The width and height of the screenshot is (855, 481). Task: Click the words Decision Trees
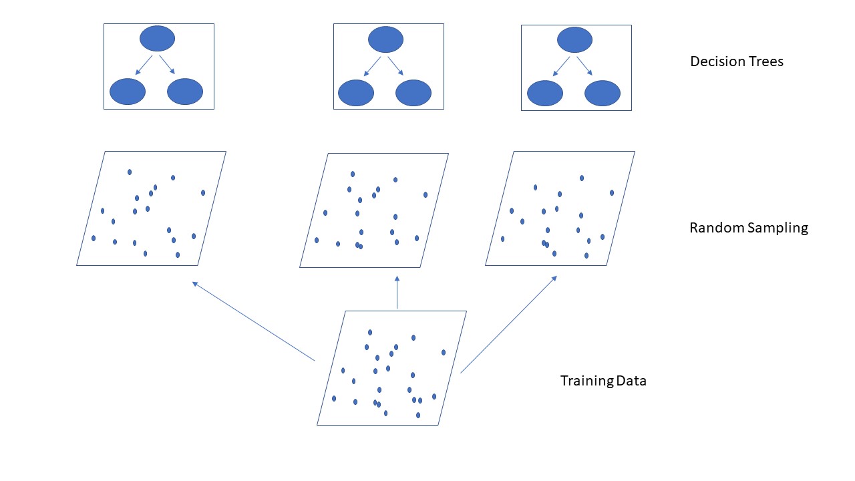[x=737, y=61]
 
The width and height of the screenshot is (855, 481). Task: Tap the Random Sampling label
[x=748, y=228]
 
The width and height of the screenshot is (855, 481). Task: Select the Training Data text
[x=603, y=381]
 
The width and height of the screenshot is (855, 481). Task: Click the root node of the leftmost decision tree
[x=157, y=38]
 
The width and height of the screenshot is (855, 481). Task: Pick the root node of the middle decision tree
[x=385, y=39]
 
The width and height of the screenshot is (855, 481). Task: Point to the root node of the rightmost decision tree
[x=574, y=39]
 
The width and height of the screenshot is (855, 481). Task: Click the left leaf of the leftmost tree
[x=127, y=92]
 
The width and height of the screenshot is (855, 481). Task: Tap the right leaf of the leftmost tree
[x=185, y=92]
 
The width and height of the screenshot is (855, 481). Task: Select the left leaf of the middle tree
[x=356, y=93]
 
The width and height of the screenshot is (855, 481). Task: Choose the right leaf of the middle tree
[x=413, y=93]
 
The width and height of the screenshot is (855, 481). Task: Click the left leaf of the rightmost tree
[x=545, y=93]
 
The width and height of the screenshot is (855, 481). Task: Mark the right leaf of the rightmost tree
[x=603, y=93]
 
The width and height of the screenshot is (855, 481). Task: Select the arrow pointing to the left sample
[x=253, y=321]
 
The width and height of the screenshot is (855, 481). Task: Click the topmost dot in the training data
[x=370, y=332]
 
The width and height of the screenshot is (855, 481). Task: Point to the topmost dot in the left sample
[x=130, y=172]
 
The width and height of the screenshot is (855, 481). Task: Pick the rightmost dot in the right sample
[x=612, y=192]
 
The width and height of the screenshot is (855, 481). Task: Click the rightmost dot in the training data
[x=444, y=352]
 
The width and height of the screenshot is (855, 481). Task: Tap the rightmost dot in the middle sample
[x=425, y=195]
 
